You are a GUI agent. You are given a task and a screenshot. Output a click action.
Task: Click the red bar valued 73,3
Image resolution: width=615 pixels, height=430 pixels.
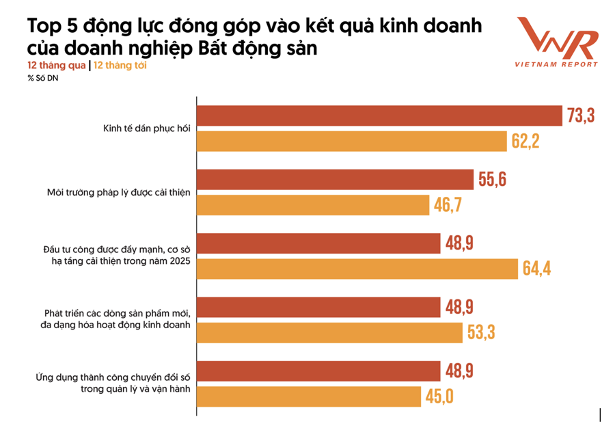379,116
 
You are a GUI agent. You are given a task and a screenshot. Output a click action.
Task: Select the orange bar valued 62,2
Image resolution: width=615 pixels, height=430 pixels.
351,141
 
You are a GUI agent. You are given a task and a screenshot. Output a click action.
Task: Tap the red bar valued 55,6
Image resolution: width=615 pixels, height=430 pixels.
335,180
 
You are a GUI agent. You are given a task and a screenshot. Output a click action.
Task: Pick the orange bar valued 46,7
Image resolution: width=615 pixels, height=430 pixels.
312,204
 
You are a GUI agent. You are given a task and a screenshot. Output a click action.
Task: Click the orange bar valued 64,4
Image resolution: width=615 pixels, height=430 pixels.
357,269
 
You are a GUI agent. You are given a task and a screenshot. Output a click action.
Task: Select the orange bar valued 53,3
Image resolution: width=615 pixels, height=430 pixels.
329,332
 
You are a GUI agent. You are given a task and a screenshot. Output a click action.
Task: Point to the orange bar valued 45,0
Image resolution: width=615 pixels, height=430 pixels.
308,397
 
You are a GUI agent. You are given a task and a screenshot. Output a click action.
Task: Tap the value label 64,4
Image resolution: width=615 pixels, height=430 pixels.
537,269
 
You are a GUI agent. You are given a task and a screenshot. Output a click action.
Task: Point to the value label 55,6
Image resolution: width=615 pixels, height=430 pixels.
493,180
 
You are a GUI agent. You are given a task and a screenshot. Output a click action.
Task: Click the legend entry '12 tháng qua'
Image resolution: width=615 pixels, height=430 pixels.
57,66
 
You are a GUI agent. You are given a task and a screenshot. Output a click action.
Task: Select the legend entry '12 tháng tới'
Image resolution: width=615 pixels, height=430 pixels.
120,66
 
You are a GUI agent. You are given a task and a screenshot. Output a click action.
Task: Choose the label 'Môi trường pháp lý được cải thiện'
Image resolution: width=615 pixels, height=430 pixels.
113,192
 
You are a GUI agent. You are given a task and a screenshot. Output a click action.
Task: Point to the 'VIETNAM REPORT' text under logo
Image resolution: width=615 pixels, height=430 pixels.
557,65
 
